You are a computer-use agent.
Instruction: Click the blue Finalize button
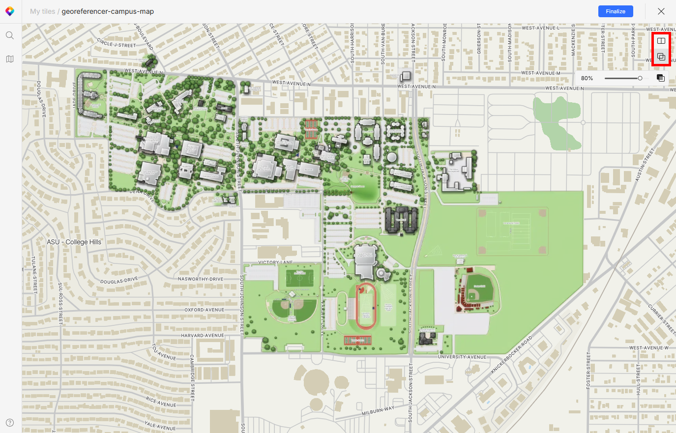click(x=616, y=11)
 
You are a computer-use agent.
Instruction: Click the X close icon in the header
click(x=661, y=11)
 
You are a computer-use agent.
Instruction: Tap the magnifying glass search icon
click(x=10, y=35)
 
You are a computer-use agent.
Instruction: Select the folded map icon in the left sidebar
click(x=10, y=59)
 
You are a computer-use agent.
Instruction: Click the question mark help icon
click(x=10, y=423)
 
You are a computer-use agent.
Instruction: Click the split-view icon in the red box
click(x=661, y=41)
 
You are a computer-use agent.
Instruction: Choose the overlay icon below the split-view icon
click(x=661, y=57)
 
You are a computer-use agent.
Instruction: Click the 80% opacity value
click(x=587, y=78)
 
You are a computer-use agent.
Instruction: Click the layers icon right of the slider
click(x=661, y=78)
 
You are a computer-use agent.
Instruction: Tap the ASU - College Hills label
click(x=74, y=242)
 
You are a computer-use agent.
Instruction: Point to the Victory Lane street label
click(x=275, y=262)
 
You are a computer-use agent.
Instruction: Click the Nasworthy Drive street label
click(x=201, y=279)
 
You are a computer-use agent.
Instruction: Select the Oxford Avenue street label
click(x=205, y=310)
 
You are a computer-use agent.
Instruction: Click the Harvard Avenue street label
click(x=203, y=336)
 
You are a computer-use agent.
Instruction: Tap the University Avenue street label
click(x=462, y=357)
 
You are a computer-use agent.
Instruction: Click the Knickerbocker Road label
click(x=512, y=355)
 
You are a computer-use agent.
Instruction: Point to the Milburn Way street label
click(x=378, y=411)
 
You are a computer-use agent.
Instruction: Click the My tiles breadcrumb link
click(x=42, y=11)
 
